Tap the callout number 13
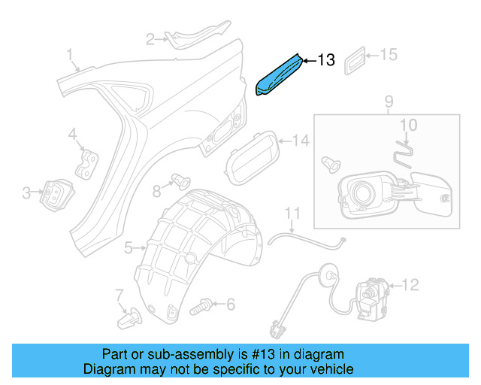tap(325, 60)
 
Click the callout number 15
tap(388, 55)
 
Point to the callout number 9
tap(389, 101)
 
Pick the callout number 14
tap(301, 140)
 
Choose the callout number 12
tap(410, 285)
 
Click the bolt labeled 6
tap(201, 305)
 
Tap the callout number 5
tap(129, 247)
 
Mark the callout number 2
tap(150, 39)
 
